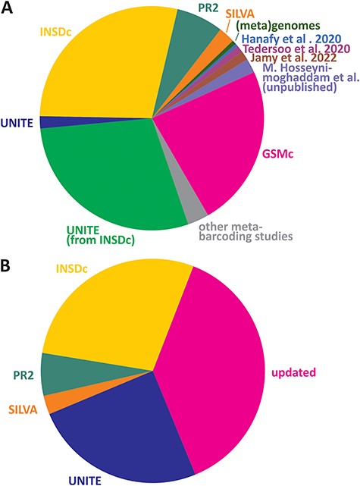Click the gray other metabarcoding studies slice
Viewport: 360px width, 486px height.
click(x=196, y=212)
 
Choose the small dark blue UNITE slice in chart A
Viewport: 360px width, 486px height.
click(x=47, y=123)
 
